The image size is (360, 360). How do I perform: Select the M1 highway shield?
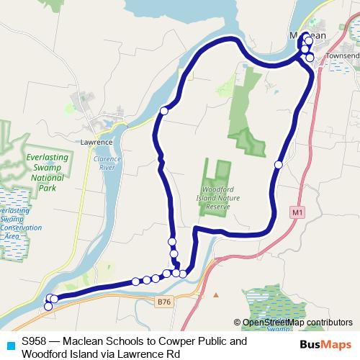pos(297,212)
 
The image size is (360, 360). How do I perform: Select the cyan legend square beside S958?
pos(9,342)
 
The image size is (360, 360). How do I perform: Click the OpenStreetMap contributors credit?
pos(297,322)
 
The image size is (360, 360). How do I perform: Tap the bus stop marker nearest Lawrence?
pos(164,111)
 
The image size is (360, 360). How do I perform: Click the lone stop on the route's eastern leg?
pos(279,165)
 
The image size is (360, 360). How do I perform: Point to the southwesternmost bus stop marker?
pos(48,306)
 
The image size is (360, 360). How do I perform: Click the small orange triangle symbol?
pos(215,294)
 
